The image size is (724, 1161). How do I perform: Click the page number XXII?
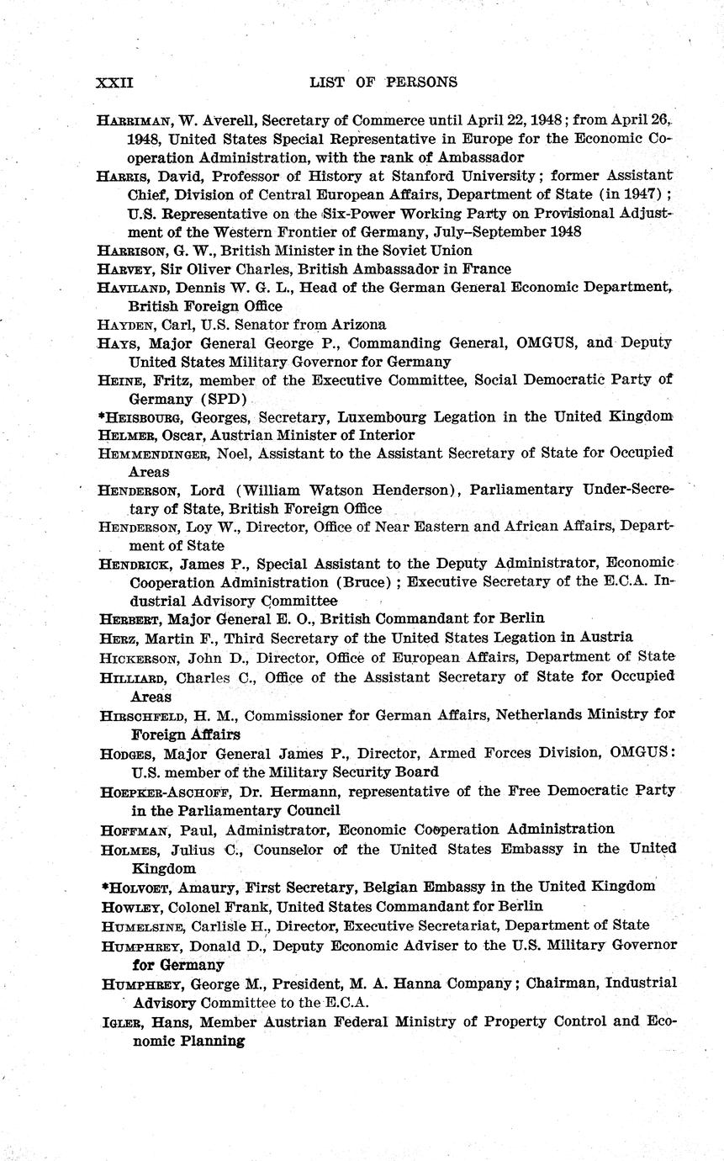(x=115, y=82)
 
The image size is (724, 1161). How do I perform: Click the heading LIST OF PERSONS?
(x=383, y=82)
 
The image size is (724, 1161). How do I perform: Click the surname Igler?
(x=117, y=1021)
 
